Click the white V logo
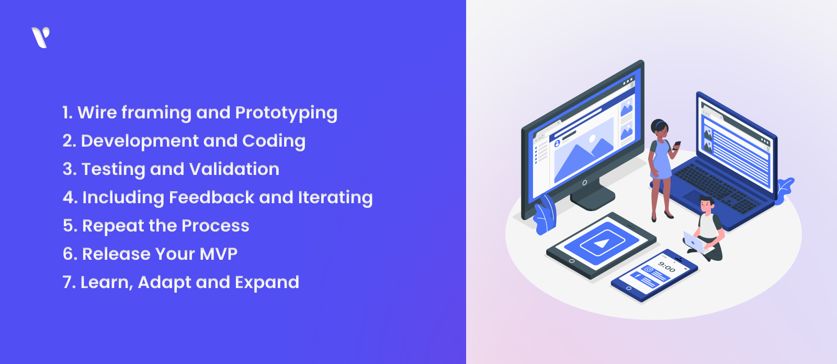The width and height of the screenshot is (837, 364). point(40,37)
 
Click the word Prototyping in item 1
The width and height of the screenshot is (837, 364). point(286,113)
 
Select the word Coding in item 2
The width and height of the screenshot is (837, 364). point(274,141)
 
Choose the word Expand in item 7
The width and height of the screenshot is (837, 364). point(267,282)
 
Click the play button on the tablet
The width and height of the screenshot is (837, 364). point(602,244)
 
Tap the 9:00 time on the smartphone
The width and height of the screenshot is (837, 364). point(666,267)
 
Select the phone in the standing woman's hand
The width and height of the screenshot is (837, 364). point(677,145)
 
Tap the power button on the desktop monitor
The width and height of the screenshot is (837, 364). point(584,183)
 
